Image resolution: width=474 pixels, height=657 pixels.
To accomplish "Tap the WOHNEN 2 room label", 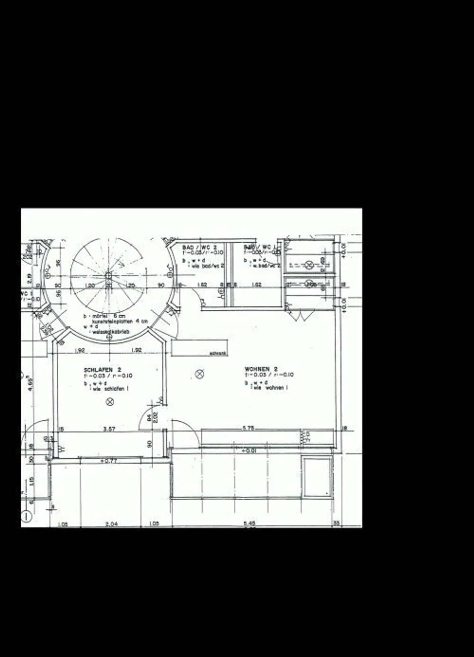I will click(261, 369).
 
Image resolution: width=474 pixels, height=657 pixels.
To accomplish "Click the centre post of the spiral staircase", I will click(108, 276).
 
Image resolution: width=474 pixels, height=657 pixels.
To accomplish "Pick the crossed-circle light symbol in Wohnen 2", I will click(199, 374).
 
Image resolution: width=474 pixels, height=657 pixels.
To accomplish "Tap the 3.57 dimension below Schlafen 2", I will click(109, 429).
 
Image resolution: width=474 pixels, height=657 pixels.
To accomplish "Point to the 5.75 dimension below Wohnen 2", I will click(249, 428).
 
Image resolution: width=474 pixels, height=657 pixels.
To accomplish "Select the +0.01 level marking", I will click(249, 451).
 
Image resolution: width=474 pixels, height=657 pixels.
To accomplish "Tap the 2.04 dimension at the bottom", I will click(112, 524).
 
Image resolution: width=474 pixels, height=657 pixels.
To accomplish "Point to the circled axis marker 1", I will click(26, 517).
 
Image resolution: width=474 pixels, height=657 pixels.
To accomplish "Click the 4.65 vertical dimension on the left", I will click(30, 383).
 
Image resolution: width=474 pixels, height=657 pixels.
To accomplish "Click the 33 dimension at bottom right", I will click(336, 523).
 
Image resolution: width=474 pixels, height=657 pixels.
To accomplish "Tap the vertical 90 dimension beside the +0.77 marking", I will click(150, 444).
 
